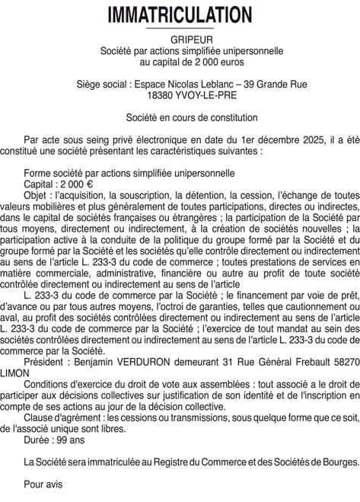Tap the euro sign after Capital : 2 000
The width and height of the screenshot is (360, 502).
click(90, 184)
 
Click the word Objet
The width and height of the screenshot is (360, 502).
click(36, 195)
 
